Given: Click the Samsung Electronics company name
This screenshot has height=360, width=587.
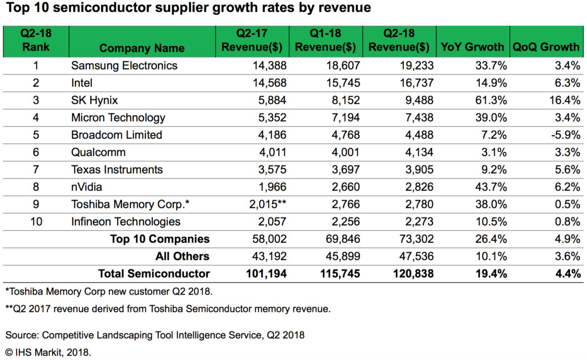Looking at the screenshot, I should pos(124,65).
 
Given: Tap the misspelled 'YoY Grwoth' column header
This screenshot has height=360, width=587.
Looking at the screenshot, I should pos(472,47).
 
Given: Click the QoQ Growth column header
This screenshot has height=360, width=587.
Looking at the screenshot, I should pos(546,47).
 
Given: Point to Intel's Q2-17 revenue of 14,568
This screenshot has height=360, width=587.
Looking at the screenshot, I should pos(268,83).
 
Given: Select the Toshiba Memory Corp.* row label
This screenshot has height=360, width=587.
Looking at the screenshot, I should pos(130,204).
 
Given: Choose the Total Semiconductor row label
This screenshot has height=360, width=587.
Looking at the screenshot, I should pos(154,273).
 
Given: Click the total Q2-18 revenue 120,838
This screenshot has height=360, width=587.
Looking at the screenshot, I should pos(411,273).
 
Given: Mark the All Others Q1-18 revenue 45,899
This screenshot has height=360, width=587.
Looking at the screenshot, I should pos(341,256).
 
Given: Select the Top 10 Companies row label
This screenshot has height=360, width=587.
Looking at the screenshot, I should pos(159,239).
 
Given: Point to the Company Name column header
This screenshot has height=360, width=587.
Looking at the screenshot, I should pos(142,48).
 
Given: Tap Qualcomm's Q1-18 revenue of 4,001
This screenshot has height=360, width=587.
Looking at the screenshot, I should pos(345,152).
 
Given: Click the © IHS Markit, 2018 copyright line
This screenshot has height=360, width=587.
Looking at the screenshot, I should pos(48,352).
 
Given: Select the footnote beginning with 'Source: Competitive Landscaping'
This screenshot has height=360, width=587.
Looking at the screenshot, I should pos(155,335).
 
